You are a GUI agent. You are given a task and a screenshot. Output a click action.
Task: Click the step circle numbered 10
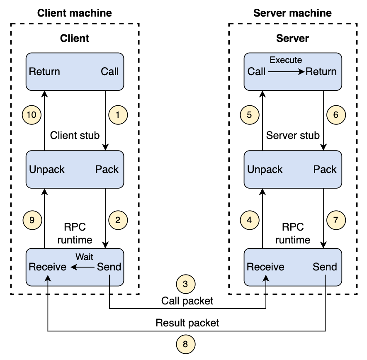coord(32,115)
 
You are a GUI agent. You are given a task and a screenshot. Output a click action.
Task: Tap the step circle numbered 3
coord(186,284)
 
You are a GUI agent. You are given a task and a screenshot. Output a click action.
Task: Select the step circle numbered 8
coord(186,344)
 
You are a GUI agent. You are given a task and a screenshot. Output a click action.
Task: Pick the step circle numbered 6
coord(336,115)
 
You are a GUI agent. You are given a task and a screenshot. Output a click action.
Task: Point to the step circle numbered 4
coord(250,220)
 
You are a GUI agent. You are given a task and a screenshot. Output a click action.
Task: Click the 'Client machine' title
coord(74,13)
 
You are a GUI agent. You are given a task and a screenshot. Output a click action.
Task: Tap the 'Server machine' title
coord(293,13)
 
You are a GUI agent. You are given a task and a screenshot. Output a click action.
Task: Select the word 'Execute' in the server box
coord(286,60)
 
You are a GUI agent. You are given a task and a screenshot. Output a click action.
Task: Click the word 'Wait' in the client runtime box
coord(84,257)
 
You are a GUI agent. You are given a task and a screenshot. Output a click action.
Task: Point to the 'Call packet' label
coord(187,301)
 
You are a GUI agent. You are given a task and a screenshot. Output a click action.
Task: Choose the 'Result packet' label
coord(187,323)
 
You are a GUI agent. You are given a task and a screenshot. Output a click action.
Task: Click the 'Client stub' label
coord(75,136)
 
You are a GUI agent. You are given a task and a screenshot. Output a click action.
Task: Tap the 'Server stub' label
coord(293,136)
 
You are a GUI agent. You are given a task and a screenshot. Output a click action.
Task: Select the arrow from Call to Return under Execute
coord(286,72)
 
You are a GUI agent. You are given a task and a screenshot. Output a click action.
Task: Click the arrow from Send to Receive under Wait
coord(83,267)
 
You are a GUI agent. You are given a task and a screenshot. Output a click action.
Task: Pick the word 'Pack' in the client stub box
coord(107,170)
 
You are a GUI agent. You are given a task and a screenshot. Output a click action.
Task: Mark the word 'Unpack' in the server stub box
coord(265,170)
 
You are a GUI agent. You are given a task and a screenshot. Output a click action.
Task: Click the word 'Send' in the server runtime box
coord(325,267)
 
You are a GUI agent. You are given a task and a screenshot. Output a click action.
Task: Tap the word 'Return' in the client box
coord(44,72)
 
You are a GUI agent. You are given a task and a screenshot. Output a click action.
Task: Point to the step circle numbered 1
coord(118,115)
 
